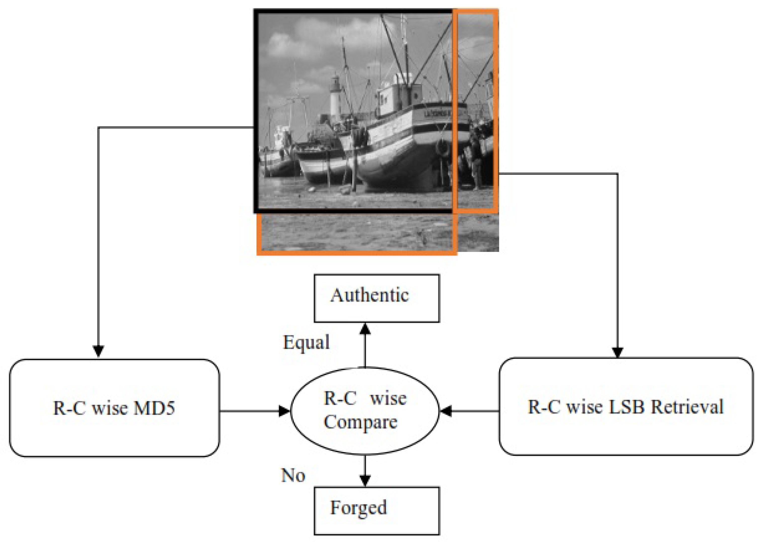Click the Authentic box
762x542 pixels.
[376, 298]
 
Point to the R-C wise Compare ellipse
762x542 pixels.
[365, 411]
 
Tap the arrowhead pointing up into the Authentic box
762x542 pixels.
[365, 328]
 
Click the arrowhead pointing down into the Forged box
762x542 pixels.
[365, 481]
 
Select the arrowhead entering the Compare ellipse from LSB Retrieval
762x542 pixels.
[446, 411]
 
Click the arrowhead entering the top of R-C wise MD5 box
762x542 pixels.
[98, 351]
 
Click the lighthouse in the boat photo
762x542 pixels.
[335, 97]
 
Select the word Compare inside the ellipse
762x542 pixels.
[361, 422]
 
